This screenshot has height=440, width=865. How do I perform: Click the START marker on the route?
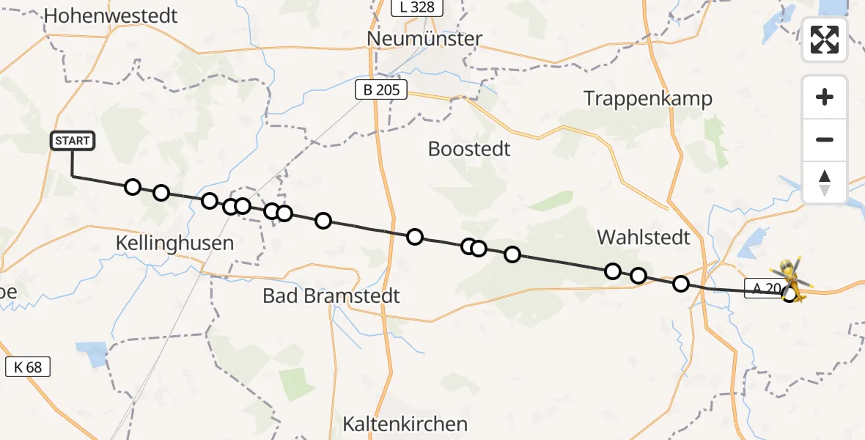[x=72, y=141]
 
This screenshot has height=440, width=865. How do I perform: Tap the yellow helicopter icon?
[x=791, y=282]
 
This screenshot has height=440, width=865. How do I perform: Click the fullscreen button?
[x=825, y=40]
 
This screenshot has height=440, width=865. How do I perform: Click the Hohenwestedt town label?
[x=111, y=16]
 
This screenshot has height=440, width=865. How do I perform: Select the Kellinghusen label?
[x=175, y=243]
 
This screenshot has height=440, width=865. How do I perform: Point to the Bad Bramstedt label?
[x=332, y=296]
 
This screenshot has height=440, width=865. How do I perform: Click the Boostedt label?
[x=469, y=150]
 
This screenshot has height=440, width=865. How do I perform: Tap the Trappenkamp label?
[x=647, y=99]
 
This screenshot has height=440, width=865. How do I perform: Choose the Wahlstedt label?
[x=644, y=237]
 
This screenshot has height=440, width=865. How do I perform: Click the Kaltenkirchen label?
[x=405, y=424]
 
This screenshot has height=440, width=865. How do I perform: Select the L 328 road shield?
[x=418, y=8]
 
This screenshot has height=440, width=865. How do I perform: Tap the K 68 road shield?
[x=28, y=367]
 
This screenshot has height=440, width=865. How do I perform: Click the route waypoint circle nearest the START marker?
[x=132, y=187]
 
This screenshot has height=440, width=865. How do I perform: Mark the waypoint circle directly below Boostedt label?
[x=469, y=246]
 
